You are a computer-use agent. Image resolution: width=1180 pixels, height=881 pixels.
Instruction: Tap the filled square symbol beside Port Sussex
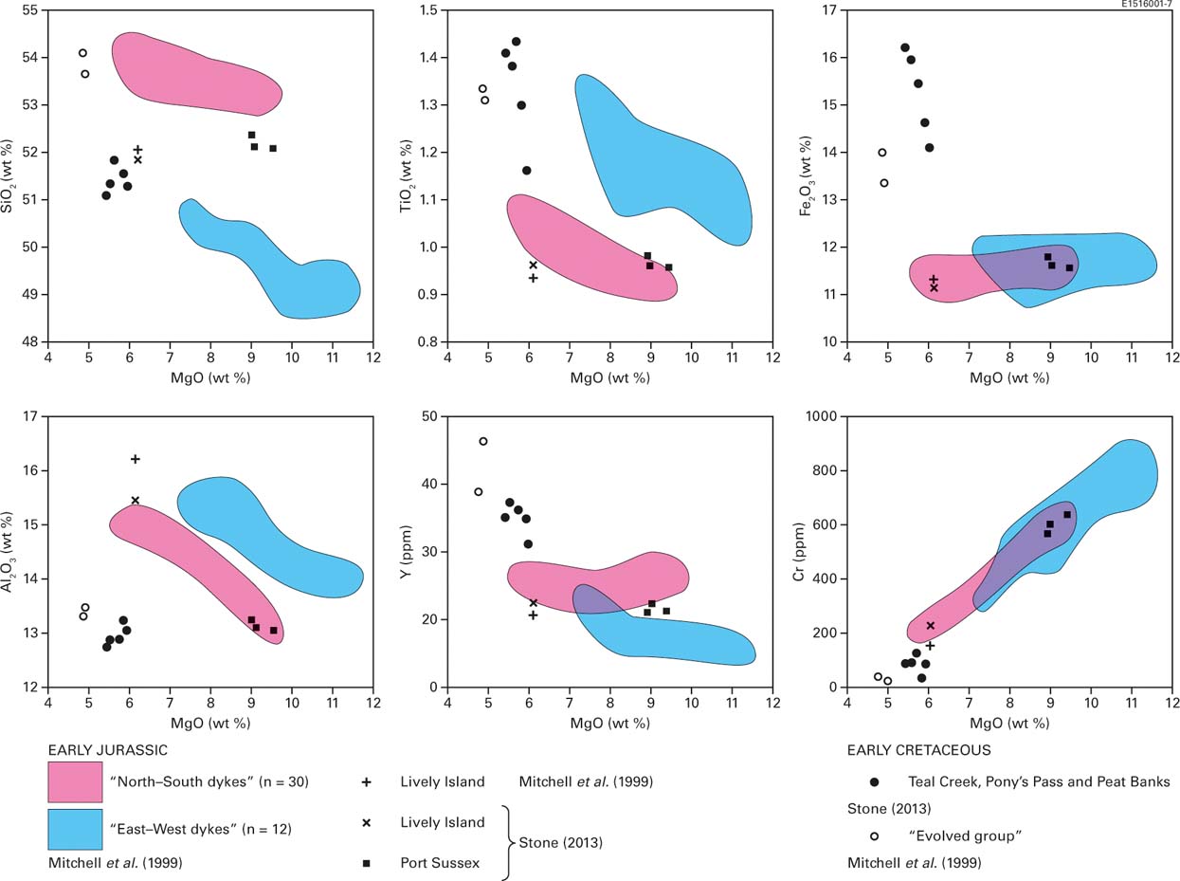366,863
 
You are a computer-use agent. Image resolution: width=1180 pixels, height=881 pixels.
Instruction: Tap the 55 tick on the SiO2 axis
32,10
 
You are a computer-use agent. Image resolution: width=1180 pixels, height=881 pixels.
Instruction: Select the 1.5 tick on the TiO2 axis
431,10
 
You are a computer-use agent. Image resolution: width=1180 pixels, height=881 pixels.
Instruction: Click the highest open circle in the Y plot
483,441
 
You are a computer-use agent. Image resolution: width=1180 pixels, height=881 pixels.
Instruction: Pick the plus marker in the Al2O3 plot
135,459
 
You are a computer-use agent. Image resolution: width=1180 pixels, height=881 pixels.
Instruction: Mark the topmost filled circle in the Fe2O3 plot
904,47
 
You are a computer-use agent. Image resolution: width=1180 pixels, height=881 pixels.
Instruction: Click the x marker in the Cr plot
930,626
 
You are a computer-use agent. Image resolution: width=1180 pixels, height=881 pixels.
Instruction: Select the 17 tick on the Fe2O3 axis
831,10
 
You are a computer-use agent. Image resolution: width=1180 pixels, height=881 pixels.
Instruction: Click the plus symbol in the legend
366,782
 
